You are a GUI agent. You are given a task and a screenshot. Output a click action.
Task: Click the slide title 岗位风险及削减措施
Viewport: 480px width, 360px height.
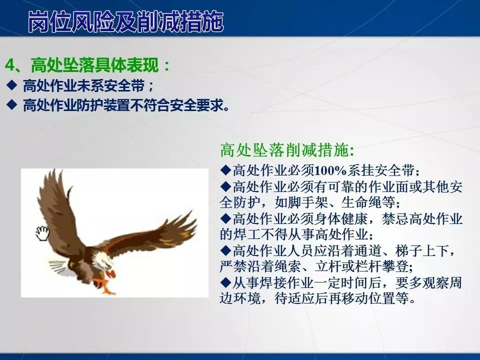pos(125,21)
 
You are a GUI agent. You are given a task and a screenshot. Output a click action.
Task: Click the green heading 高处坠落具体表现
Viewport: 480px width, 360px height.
pos(95,65)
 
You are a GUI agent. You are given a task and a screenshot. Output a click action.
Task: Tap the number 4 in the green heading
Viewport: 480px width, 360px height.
pos(10,65)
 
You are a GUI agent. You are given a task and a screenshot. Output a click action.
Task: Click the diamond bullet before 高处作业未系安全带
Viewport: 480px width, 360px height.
pos(12,85)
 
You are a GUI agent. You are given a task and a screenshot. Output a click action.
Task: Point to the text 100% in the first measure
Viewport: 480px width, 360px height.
pos(330,170)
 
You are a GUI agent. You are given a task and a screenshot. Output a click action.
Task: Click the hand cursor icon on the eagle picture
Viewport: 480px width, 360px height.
pos(42,233)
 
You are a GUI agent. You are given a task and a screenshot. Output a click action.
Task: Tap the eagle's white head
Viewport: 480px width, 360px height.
pos(102,260)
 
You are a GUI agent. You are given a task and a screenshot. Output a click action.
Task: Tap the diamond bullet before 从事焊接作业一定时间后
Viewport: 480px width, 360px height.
pos(225,282)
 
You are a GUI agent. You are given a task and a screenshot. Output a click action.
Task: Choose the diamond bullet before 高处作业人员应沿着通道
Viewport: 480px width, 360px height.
pos(225,250)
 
